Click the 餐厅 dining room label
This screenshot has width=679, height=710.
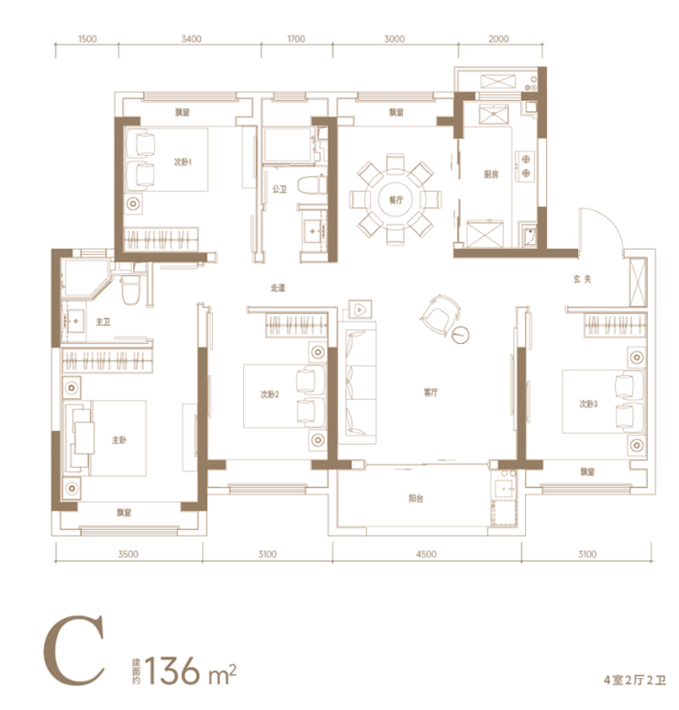pos(395,200)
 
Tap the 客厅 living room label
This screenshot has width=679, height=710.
pos(430,393)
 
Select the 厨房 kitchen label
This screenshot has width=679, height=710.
pos(491,174)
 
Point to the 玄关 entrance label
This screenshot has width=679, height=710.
pos(583,279)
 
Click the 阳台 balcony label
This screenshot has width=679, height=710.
pos(416,498)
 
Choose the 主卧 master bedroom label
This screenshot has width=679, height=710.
pos(119,439)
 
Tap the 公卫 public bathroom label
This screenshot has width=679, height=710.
pos(280,189)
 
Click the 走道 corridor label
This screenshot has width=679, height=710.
pos(278,287)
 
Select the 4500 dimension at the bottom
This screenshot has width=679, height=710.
pos(427,554)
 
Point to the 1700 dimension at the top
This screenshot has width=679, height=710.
pos(295,39)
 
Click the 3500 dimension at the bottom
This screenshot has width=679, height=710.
pos(128,554)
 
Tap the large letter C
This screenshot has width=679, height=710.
pos(74,650)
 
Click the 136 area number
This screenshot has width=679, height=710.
pos(173,671)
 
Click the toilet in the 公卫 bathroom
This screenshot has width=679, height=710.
pos(312,185)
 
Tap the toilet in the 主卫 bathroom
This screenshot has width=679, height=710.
pos(130,290)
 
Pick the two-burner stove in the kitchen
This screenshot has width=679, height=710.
pos(526,166)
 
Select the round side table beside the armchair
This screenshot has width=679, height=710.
pos(461,335)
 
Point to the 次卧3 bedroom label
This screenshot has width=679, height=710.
pos(588,404)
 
